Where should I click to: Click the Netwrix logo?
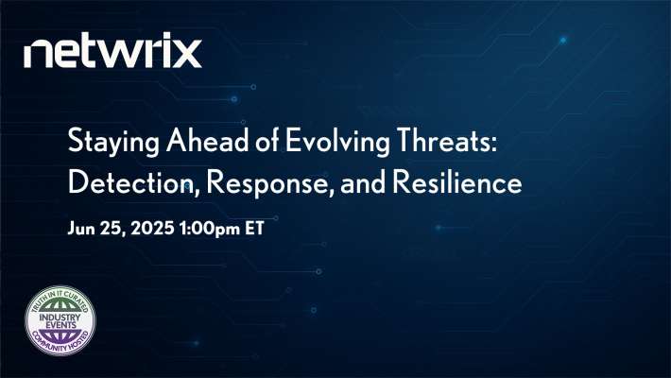pyautogui.click(x=112, y=52)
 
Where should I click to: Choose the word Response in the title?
pyautogui.click(x=254, y=183)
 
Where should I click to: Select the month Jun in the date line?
pyautogui.click(x=82, y=228)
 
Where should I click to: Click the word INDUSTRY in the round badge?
pyautogui.click(x=64, y=313)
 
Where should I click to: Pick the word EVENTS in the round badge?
pyautogui.click(x=64, y=324)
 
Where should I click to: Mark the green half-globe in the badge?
pyautogui.click(x=64, y=301)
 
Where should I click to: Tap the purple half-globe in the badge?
pyautogui.click(x=64, y=336)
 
